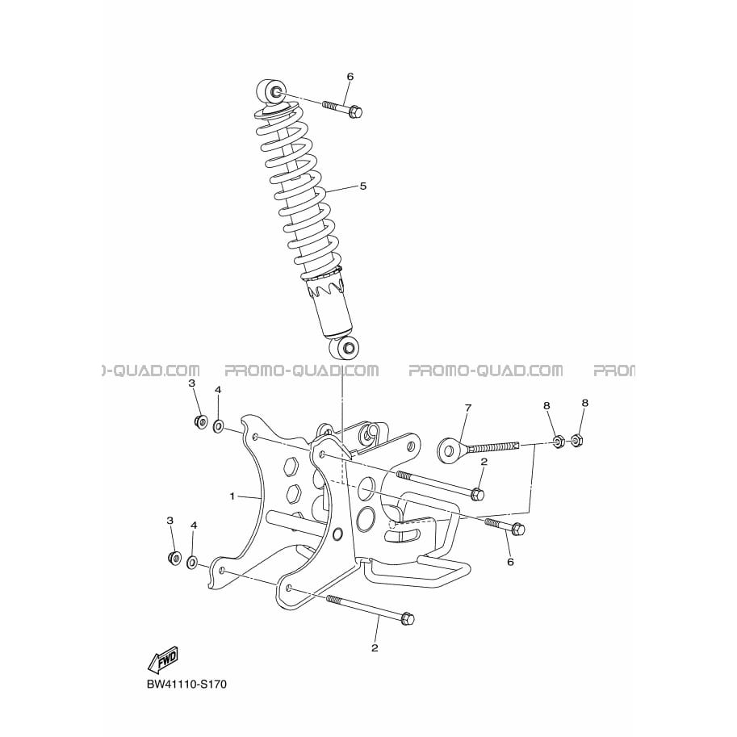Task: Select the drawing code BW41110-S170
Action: (x=186, y=684)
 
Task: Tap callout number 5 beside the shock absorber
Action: (x=362, y=186)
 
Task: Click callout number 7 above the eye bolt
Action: (x=467, y=408)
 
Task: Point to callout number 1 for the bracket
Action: (x=232, y=496)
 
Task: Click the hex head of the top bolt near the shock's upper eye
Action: (x=356, y=112)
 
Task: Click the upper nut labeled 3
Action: (x=201, y=421)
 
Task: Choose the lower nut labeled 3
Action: (x=174, y=558)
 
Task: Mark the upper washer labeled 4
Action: (x=218, y=427)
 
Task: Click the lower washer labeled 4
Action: (x=192, y=562)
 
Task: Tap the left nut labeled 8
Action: (x=557, y=441)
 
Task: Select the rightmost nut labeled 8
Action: (x=576, y=441)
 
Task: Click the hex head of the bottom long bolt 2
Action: (x=407, y=619)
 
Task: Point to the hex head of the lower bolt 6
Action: (x=517, y=530)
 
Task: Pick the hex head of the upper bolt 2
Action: (x=477, y=495)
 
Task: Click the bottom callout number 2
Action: (x=375, y=647)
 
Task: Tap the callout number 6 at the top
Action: (x=350, y=77)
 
